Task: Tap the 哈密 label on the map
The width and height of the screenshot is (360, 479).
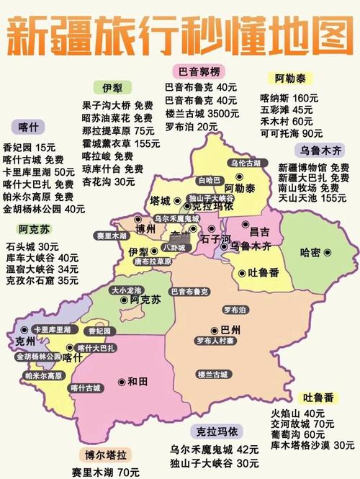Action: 310,253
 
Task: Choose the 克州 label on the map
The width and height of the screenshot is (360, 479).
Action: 25,342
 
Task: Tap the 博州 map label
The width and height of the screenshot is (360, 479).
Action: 145,230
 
